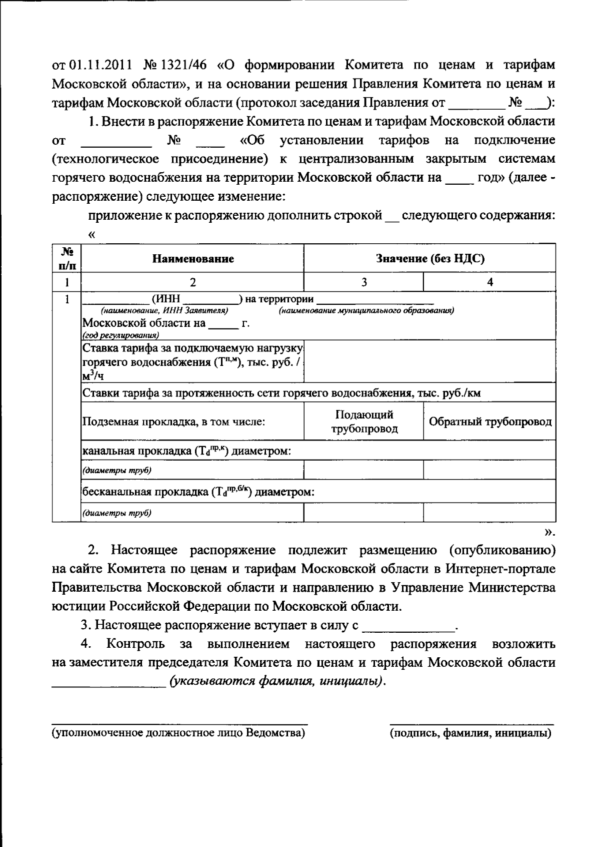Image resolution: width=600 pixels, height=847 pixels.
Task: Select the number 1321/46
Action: click(188, 65)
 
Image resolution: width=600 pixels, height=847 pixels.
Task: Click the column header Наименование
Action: click(193, 259)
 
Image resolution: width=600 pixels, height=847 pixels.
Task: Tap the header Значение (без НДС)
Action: click(430, 259)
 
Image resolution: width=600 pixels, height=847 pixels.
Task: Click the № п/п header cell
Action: click(67, 259)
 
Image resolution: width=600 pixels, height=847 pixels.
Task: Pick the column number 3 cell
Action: click(364, 282)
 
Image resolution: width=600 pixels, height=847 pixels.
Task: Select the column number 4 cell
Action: click(490, 282)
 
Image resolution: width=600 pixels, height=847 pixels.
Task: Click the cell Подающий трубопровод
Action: click(364, 421)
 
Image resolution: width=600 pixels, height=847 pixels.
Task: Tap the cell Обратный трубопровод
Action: click(490, 421)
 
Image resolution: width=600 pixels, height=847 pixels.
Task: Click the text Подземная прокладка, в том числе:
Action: click(173, 421)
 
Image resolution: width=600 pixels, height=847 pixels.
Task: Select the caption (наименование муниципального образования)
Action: click(366, 311)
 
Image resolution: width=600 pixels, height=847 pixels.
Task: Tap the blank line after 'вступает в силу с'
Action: click(409, 626)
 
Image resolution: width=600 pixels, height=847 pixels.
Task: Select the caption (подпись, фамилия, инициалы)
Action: click(471, 733)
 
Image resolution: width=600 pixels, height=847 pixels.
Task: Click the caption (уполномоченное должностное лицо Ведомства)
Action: click(179, 733)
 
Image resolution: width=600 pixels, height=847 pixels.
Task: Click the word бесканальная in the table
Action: click(113, 492)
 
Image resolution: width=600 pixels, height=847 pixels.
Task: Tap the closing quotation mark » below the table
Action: click(549, 532)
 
